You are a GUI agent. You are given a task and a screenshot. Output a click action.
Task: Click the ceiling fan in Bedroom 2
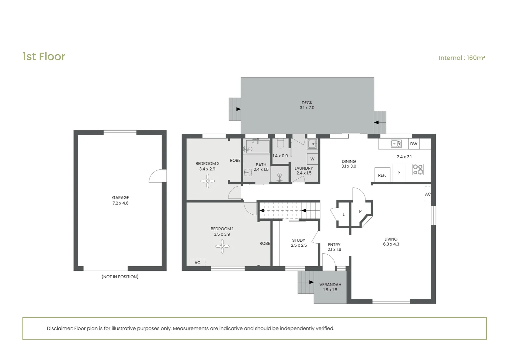[x=208, y=181]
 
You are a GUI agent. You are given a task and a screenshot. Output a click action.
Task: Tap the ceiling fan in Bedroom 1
[x=222, y=246]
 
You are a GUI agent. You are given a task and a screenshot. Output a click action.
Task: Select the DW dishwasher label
[x=414, y=144]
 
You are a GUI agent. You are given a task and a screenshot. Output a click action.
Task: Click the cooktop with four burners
[x=418, y=170]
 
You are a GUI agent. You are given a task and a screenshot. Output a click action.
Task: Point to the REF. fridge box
[x=382, y=175]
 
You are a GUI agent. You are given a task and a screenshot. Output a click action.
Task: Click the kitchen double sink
[x=396, y=144]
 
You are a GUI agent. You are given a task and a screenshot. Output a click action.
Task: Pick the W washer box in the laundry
[x=312, y=159]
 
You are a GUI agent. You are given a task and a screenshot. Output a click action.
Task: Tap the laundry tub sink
[x=312, y=144]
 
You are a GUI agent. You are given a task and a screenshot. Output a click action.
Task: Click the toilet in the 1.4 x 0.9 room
[x=280, y=142]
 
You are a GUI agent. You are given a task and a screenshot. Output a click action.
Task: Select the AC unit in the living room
[x=428, y=194]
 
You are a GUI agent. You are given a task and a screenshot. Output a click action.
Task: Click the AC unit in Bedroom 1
[x=198, y=262]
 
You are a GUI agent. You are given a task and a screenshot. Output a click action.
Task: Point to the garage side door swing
[x=158, y=176]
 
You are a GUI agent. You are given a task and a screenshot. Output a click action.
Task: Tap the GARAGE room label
[x=121, y=198]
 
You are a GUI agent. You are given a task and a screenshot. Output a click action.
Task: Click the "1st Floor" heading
[x=44, y=57]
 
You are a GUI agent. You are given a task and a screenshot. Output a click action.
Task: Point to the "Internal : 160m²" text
[x=462, y=58]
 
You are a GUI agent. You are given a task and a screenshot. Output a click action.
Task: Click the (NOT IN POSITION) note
[x=120, y=277]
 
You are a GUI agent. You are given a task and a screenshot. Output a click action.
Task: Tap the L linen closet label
[x=343, y=214]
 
